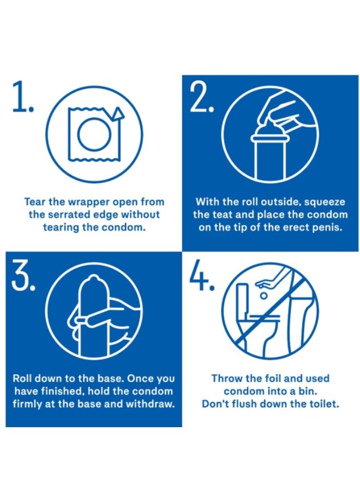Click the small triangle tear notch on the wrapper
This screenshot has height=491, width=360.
119,114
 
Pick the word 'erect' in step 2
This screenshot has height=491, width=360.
296,227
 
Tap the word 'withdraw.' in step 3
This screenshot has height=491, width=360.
150,404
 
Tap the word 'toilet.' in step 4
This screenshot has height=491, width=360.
324,404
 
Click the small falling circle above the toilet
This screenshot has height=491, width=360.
263,295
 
